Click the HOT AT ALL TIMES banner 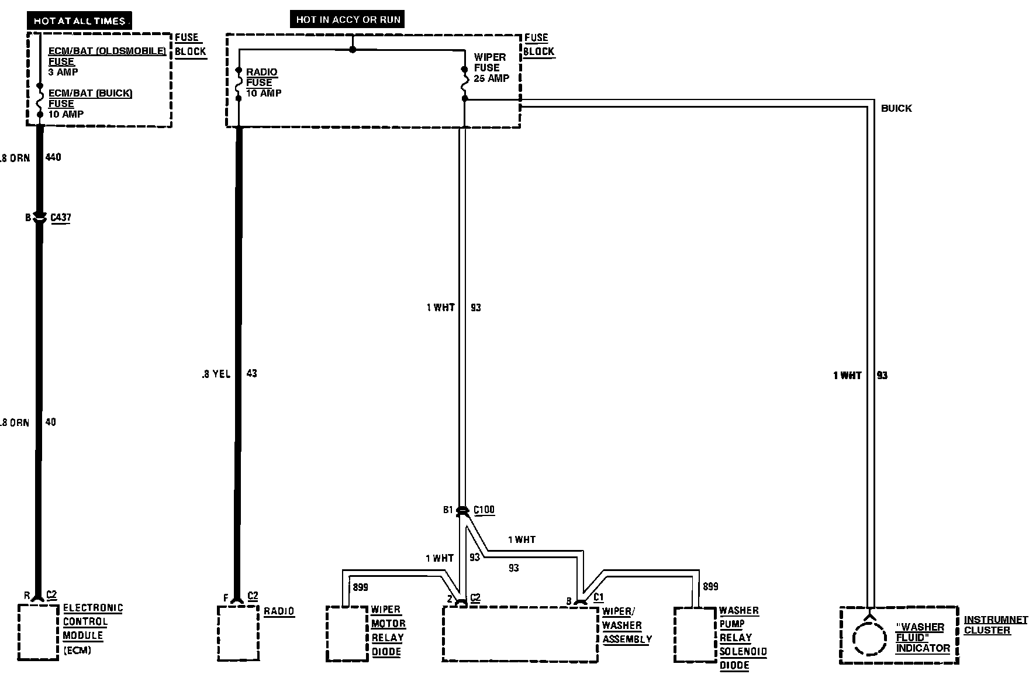[80, 20]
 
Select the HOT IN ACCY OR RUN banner [348, 19]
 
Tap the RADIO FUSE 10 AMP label [263, 82]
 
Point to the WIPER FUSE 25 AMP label [491, 67]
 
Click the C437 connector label [60, 218]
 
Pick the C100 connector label [484, 510]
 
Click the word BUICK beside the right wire [896, 108]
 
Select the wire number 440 [53, 157]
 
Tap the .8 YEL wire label [216, 374]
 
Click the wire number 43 [251, 373]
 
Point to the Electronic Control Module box [38, 632]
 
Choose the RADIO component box [238, 633]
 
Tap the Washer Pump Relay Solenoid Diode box [695, 635]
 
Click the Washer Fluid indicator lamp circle [869, 638]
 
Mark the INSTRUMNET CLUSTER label [995, 625]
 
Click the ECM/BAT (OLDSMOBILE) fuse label [107, 56]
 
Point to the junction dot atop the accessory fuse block [353, 50]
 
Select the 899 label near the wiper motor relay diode [361, 587]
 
